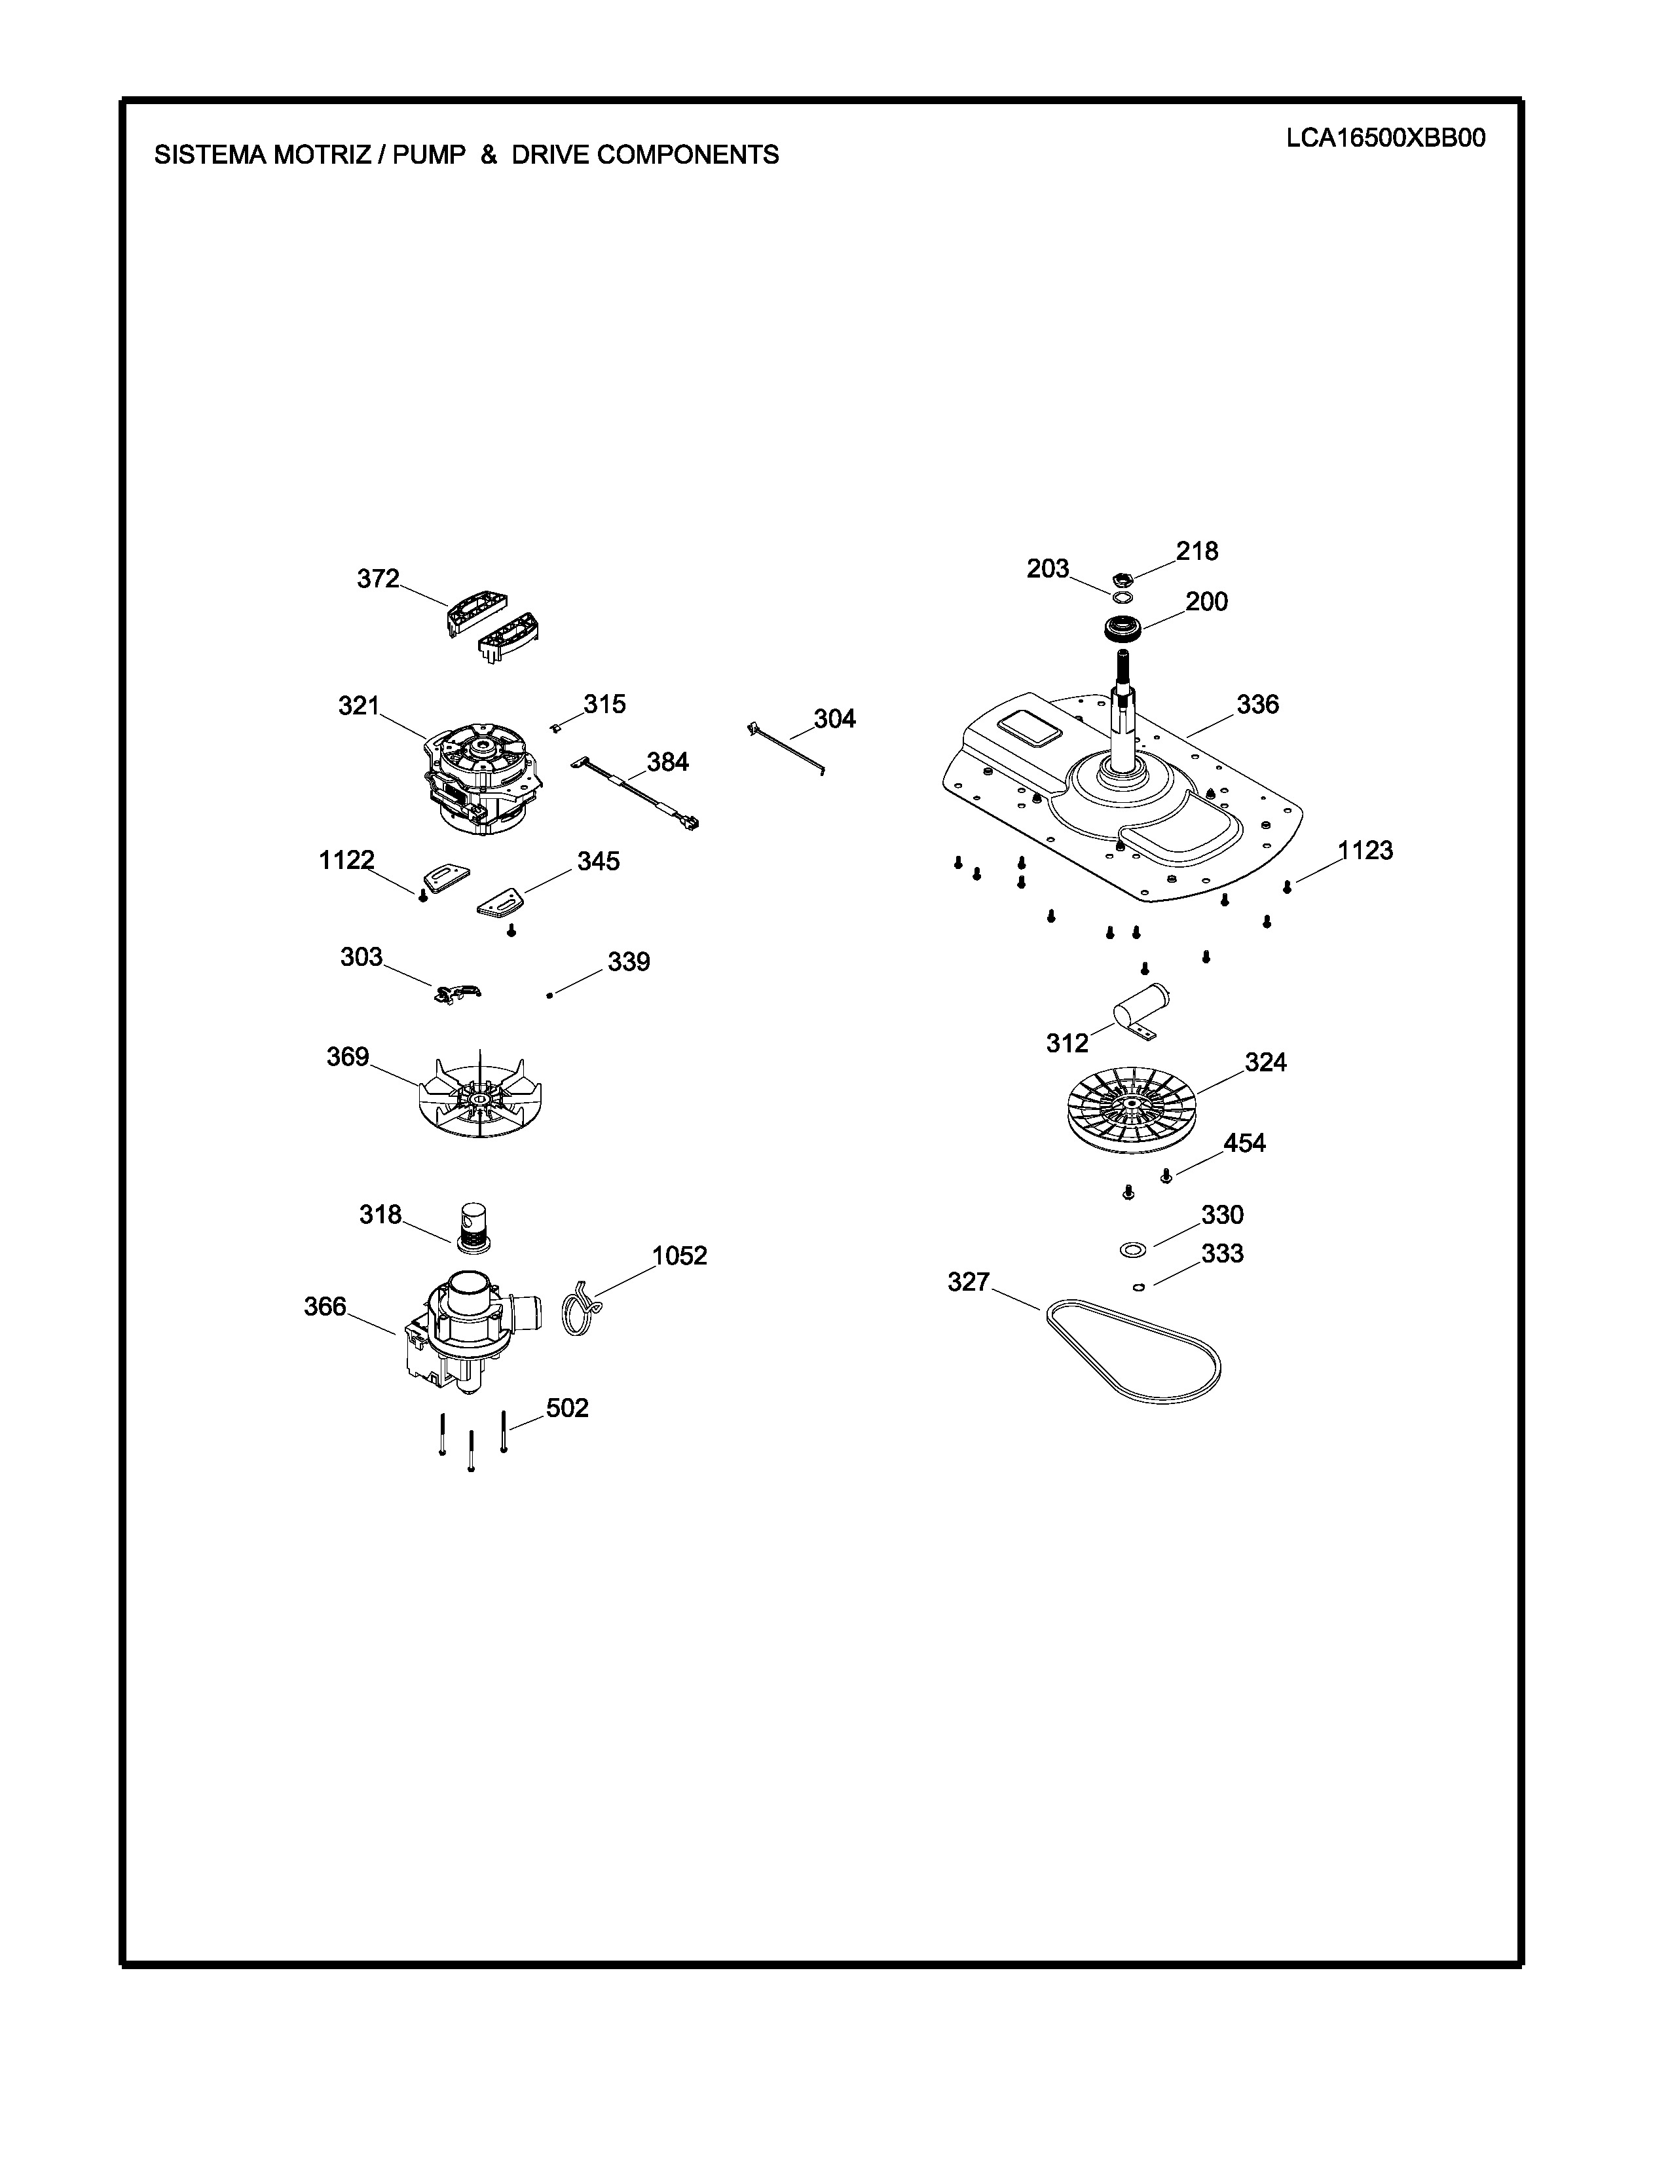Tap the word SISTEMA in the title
(x=210, y=155)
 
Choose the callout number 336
(x=1257, y=705)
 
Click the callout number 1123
(x=1365, y=850)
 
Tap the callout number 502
(x=567, y=1407)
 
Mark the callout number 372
(x=378, y=579)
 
